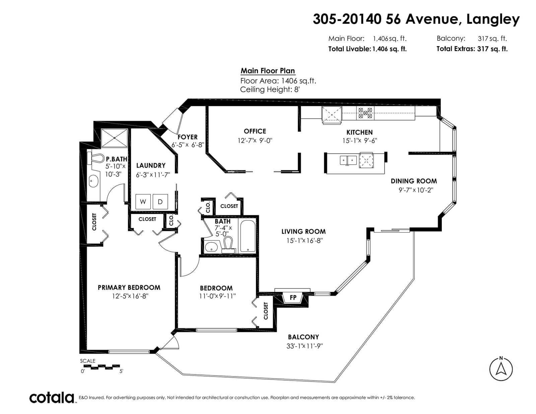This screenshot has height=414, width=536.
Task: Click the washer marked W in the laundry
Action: point(143,201)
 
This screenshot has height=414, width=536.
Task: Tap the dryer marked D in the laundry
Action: point(160,201)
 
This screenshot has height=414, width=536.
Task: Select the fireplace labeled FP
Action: point(293,298)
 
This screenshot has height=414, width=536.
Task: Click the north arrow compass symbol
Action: point(501,369)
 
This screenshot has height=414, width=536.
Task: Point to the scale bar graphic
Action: point(102,367)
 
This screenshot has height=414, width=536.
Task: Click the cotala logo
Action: point(52,398)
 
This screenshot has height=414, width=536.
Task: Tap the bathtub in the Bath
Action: point(248,236)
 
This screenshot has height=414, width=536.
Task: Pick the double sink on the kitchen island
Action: point(348,160)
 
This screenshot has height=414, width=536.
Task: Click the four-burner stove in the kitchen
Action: point(365,113)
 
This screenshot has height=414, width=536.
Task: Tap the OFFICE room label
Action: point(255,131)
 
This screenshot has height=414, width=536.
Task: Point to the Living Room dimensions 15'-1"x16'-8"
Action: point(305,240)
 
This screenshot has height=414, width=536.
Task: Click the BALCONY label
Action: point(304,337)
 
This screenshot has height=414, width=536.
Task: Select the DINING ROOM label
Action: point(414,181)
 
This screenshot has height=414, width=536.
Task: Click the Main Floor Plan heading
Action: point(268,71)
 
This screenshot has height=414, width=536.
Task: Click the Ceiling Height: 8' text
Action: point(270,89)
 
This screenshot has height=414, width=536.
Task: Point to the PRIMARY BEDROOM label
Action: point(129,287)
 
